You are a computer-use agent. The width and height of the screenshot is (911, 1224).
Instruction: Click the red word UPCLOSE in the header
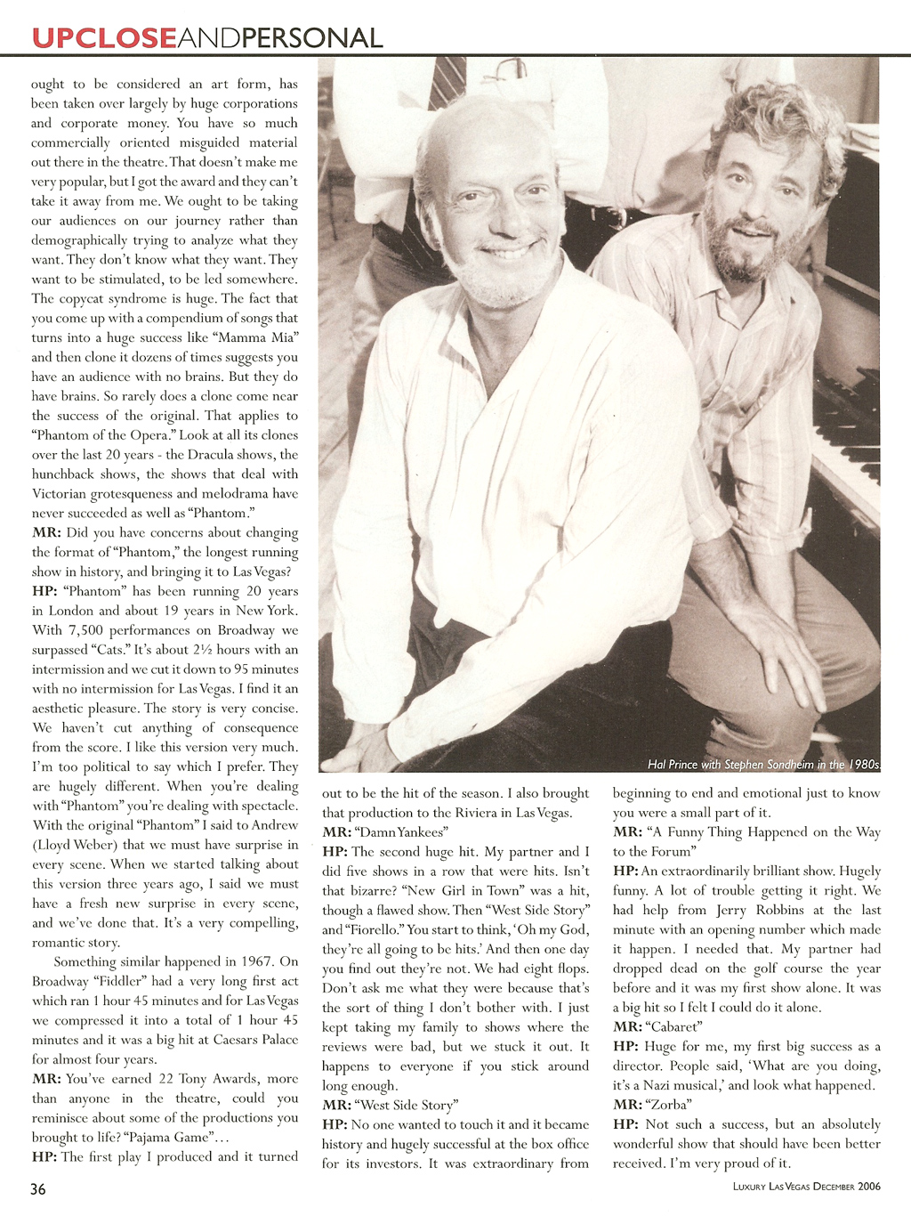pos(103,37)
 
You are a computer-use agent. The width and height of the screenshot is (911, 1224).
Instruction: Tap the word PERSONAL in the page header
pos(312,37)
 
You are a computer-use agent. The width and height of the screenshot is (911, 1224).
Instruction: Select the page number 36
pos(38,1189)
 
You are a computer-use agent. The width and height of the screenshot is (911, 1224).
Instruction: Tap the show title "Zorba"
pos(668,1105)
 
